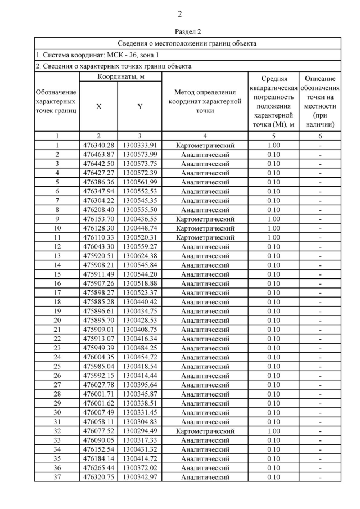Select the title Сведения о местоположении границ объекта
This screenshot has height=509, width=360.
[188, 43]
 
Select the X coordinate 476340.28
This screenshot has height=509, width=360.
[98, 145]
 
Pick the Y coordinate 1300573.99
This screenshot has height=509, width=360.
[139, 154]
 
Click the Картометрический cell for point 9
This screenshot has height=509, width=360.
[205, 219]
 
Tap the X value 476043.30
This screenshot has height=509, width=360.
[98, 246]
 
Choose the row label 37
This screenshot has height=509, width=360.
[57, 477]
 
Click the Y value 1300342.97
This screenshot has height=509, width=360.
[139, 477]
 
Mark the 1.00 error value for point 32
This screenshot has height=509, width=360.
[273, 431]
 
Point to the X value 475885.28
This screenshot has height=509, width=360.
[98, 301]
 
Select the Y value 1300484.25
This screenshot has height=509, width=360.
[139, 348]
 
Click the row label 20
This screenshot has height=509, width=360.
[57, 320]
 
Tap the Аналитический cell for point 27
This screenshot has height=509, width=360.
[205, 385]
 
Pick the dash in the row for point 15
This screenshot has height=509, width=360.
[320, 274]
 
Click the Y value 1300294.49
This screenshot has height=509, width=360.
[139, 431]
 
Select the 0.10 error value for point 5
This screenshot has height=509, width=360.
[273, 182]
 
